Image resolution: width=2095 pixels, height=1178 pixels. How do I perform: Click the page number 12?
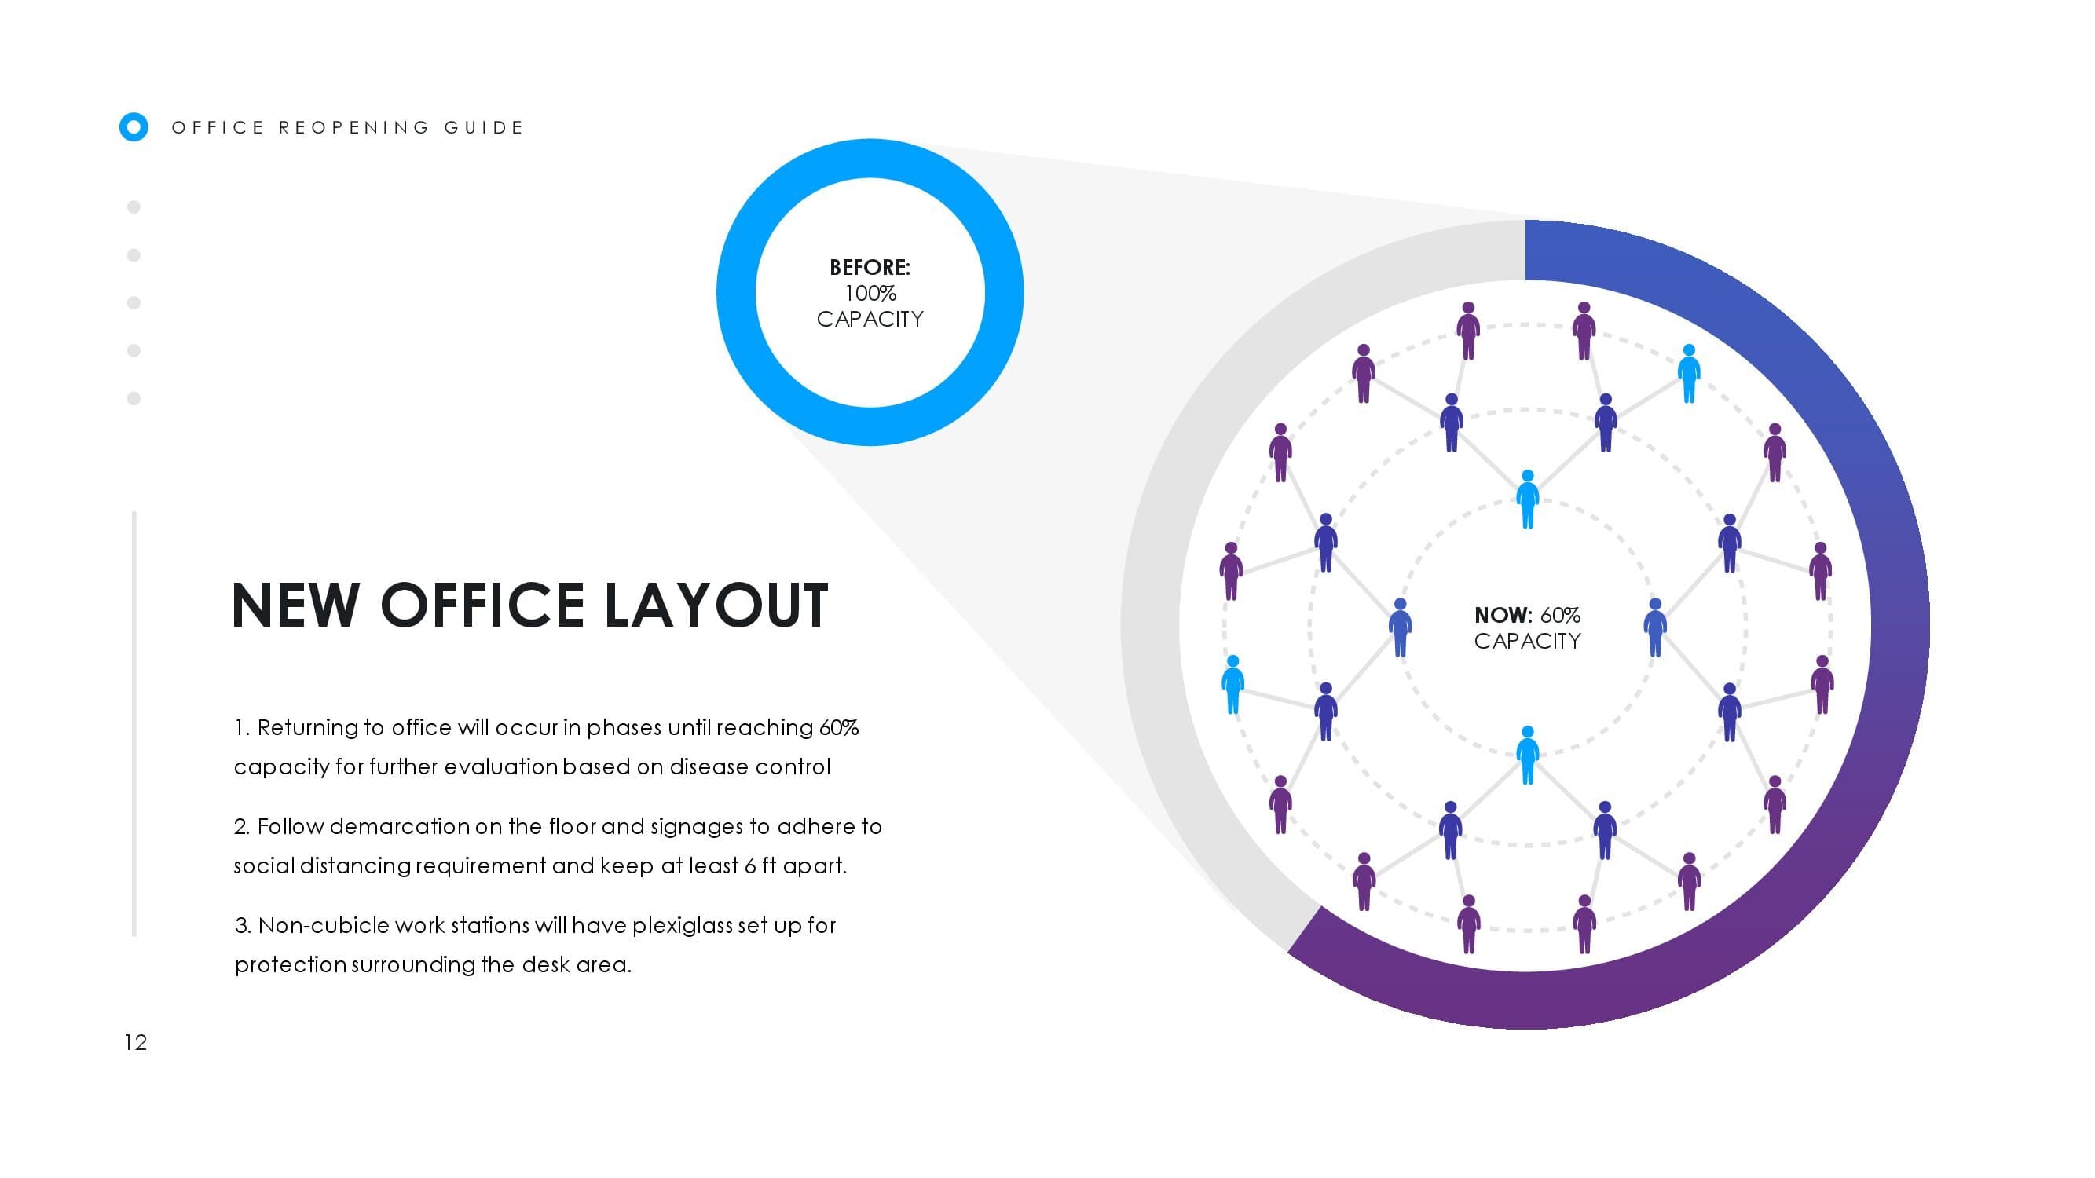point(136,1042)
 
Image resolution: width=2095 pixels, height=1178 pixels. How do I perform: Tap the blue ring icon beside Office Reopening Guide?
point(134,126)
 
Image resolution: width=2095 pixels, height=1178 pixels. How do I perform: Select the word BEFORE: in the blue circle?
point(870,267)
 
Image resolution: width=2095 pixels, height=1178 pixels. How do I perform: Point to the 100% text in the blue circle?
point(870,293)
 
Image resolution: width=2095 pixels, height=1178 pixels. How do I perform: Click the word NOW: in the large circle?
point(1503,615)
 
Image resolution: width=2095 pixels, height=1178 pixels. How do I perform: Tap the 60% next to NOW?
point(1560,615)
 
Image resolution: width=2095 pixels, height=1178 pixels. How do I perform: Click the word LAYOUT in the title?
point(716,605)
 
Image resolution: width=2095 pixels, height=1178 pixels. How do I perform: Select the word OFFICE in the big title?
point(482,605)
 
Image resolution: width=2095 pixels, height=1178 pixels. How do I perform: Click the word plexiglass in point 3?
point(682,926)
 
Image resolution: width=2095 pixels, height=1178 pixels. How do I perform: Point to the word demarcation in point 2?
point(399,826)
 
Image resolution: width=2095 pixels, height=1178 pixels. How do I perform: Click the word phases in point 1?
point(624,728)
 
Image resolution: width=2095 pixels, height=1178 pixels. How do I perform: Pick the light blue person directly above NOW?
point(1527,499)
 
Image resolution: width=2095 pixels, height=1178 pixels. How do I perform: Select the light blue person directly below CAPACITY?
point(1527,755)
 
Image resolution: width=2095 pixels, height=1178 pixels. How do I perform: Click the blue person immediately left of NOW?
point(1400,627)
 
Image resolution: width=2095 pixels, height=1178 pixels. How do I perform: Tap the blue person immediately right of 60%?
point(1655,627)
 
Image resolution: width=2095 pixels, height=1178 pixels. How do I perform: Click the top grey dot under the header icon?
point(134,207)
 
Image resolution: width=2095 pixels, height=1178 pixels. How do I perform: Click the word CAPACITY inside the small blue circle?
point(870,319)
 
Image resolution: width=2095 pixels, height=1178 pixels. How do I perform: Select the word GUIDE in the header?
point(484,128)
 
